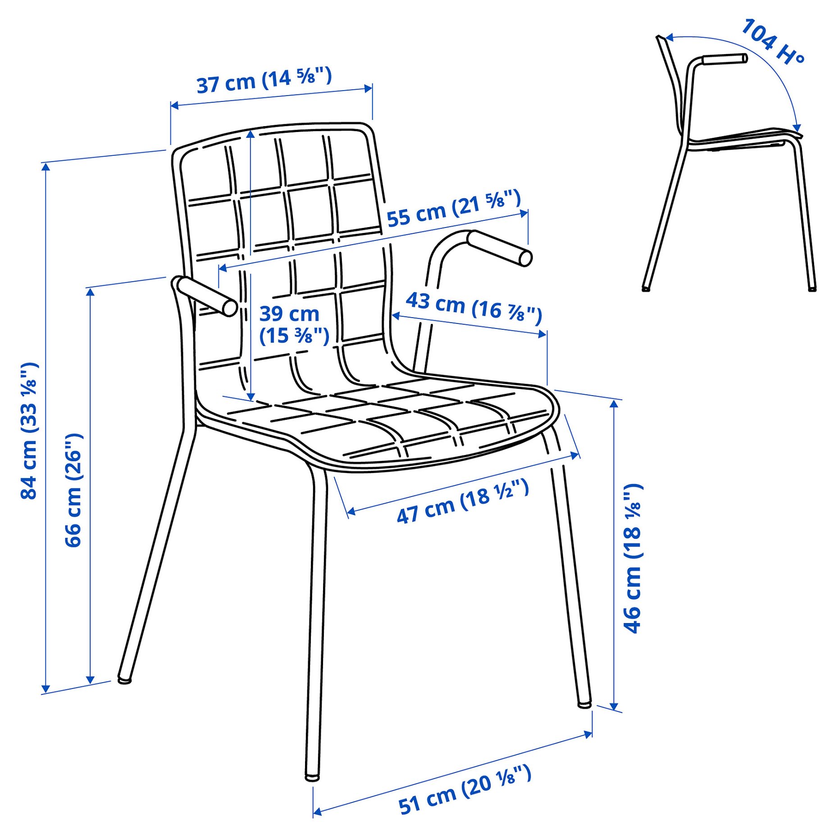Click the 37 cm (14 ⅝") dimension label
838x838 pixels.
[264, 80]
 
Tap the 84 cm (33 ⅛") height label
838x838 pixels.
[29, 430]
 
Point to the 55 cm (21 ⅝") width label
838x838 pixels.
[453, 209]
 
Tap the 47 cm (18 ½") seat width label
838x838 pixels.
[462, 501]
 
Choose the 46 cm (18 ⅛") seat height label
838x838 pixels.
[633, 558]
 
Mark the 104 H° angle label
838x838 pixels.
[773, 41]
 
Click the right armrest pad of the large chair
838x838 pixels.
[500, 248]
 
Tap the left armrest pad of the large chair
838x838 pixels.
[207, 296]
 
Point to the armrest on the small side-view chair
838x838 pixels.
[724, 59]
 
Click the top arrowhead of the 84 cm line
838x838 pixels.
[46, 167]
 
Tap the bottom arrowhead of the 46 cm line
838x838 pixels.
[614, 706]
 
